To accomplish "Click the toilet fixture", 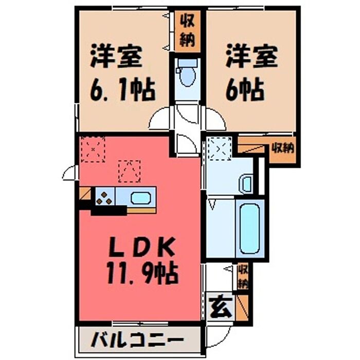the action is [187, 73].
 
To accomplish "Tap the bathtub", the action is [249, 228].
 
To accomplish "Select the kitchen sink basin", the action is [141, 198].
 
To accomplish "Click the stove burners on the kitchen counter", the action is [104, 198].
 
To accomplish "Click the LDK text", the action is [141, 248].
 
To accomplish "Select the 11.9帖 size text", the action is [142, 274].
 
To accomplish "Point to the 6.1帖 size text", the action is [123, 90].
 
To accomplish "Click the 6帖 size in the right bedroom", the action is [245, 90].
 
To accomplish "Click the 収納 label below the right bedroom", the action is [283, 149].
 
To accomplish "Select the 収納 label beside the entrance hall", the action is [243, 277].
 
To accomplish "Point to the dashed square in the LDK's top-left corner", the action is [93, 150].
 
